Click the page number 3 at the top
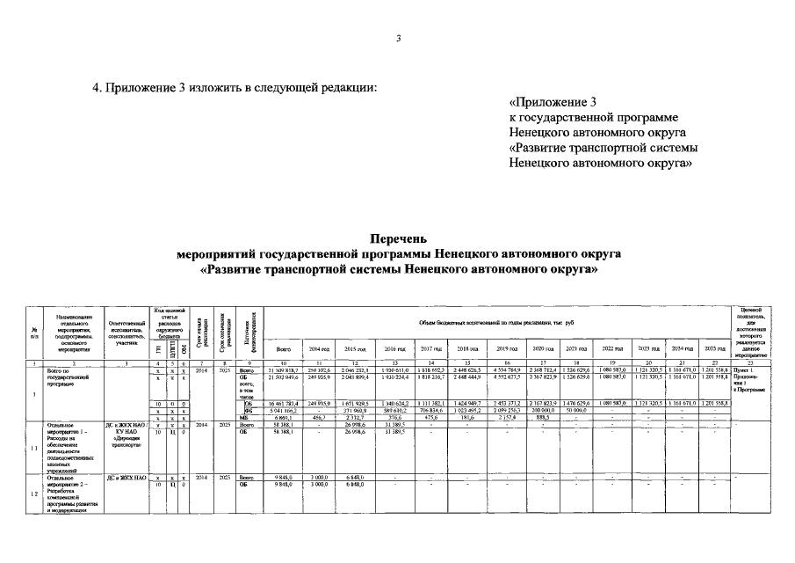coord(398,38)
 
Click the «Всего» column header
coord(284,349)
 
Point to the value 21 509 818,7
coord(284,371)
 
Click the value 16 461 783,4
coord(284,403)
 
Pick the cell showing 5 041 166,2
coord(284,410)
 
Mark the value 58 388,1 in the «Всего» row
coord(284,424)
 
